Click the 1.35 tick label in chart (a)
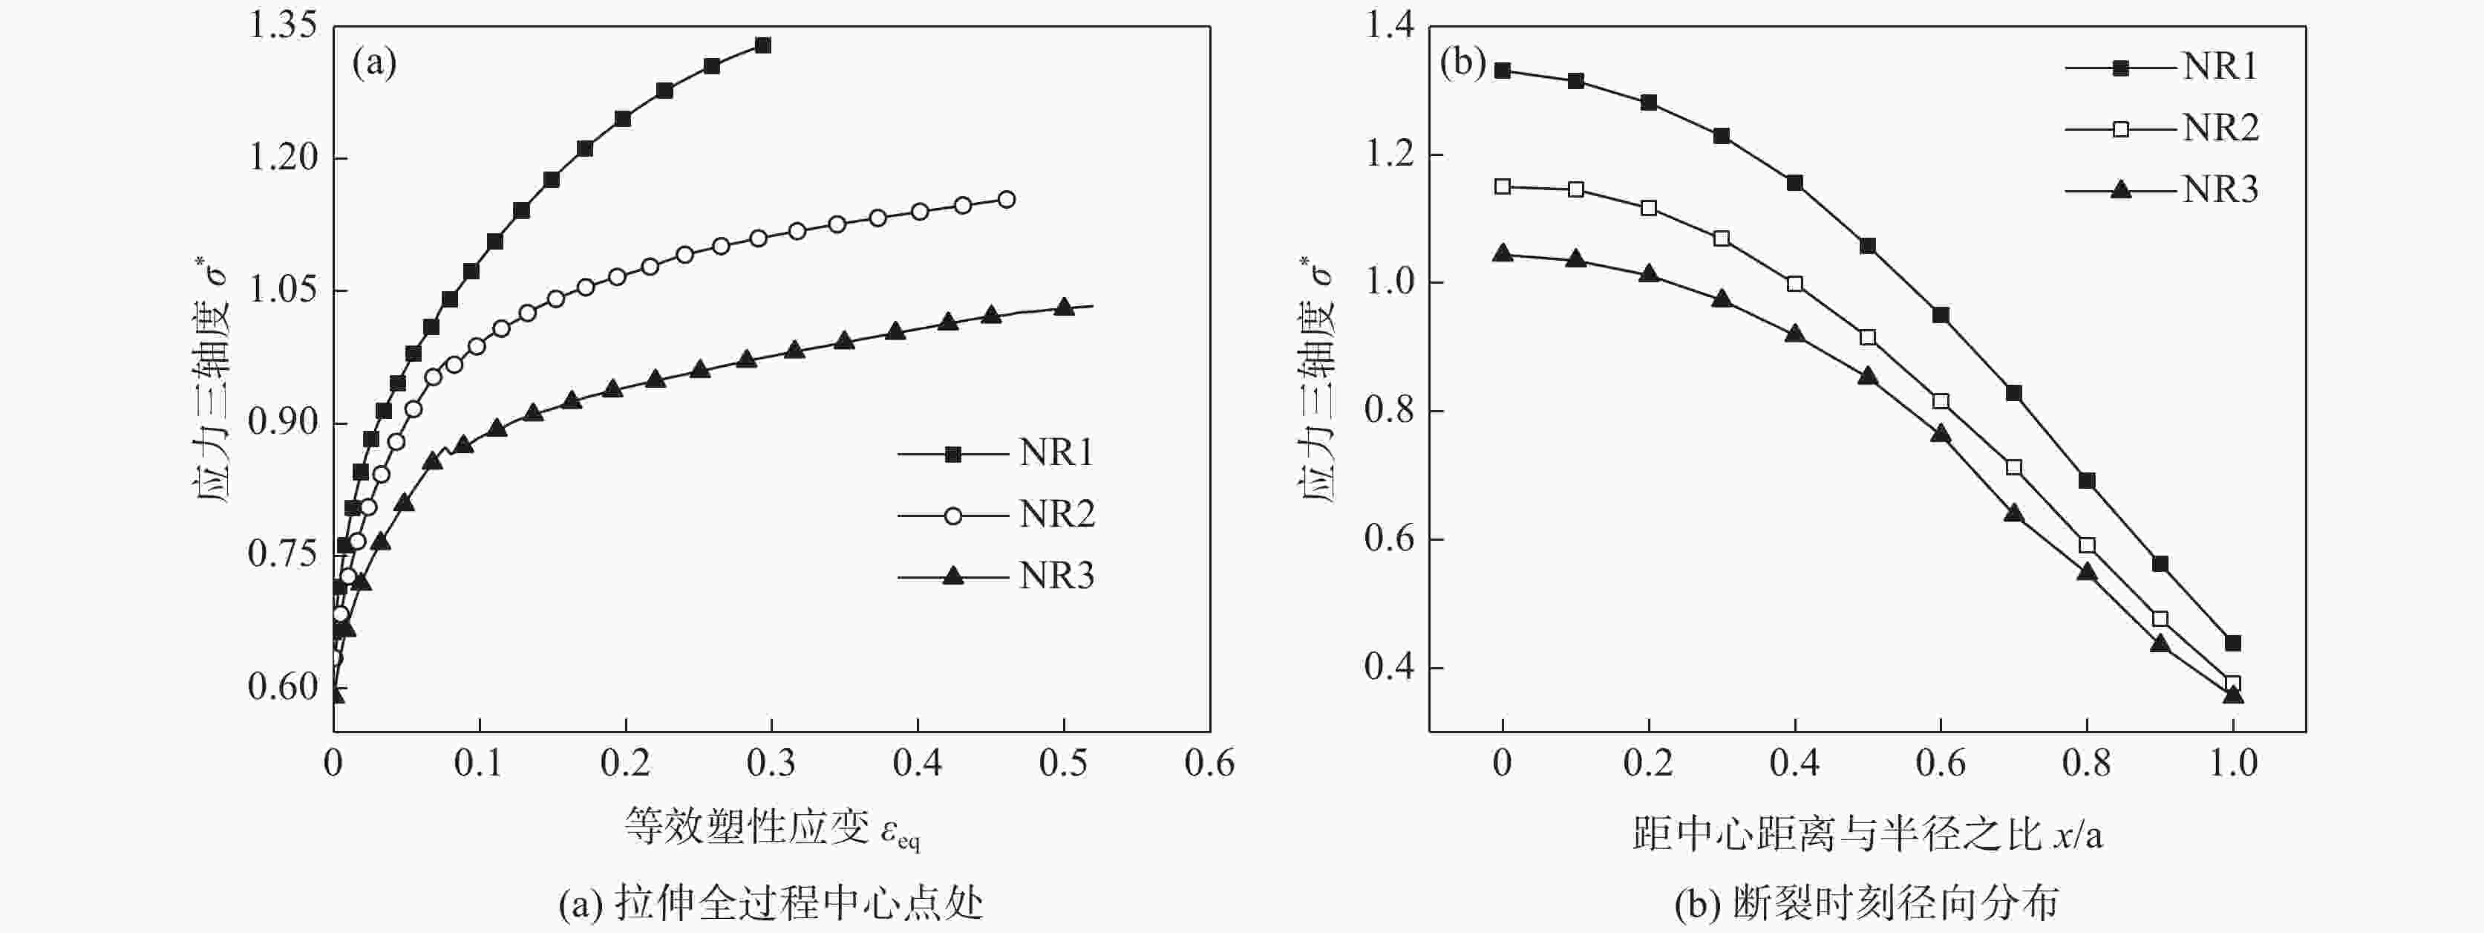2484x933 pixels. [x=283, y=26]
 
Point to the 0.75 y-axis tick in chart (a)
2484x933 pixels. [x=283, y=554]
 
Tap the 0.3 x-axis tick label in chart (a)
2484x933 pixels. [x=771, y=763]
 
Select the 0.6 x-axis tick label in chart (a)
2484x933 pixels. [x=1209, y=763]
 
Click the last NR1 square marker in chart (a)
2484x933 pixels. [x=762, y=45]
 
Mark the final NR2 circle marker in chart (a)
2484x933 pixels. [x=1007, y=200]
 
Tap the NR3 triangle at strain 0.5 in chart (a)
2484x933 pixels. [x=1064, y=307]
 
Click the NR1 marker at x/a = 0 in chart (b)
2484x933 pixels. [x=1503, y=71]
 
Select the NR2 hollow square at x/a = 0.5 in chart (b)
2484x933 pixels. [x=1868, y=337]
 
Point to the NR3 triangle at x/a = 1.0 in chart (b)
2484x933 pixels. [x=2233, y=695]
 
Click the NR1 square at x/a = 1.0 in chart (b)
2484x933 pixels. [x=2233, y=643]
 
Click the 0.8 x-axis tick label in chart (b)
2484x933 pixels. [x=2087, y=763]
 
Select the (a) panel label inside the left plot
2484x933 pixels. [x=374, y=64]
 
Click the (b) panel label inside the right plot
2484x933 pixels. [x=1462, y=64]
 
